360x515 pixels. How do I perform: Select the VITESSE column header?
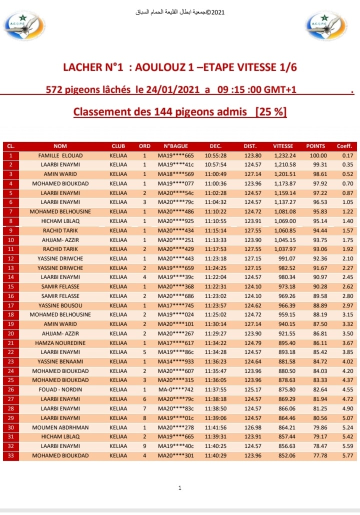(x=283, y=146)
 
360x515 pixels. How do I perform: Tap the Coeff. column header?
(x=344, y=146)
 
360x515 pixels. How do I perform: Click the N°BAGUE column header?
(x=176, y=146)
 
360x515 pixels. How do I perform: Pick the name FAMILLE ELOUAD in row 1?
(x=60, y=155)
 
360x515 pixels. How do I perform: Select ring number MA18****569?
(x=176, y=174)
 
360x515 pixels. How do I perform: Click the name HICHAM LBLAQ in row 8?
(x=60, y=221)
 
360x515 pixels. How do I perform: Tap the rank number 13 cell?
(x=10, y=267)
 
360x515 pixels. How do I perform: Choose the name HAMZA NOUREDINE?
(x=60, y=342)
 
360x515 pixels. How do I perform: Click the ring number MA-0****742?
(x=176, y=389)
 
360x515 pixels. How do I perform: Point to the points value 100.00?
(x=315, y=155)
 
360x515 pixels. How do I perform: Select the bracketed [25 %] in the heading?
(x=271, y=111)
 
